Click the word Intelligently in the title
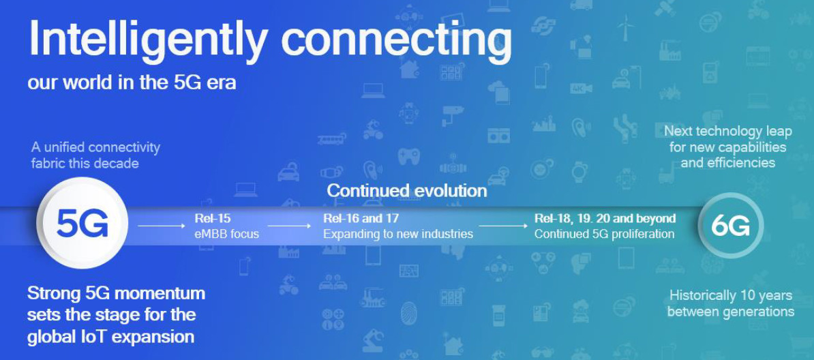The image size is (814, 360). (x=149, y=41)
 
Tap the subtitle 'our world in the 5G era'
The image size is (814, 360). (x=132, y=82)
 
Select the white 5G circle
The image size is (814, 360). (x=82, y=225)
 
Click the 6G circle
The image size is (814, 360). (x=731, y=226)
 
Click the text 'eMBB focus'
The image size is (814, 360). (x=226, y=234)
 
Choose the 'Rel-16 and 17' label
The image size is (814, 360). (x=361, y=218)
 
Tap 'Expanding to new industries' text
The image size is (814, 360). (x=398, y=235)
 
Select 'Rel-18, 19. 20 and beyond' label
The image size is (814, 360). (x=605, y=218)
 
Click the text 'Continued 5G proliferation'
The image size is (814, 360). (x=604, y=235)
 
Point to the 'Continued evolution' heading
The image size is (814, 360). (x=407, y=191)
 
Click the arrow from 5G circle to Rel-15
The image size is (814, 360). (x=162, y=226)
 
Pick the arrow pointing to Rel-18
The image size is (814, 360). (x=502, y=226)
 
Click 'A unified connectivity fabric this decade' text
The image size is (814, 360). (x=95, y=155)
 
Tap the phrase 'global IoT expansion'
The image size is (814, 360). (x=110, y=337)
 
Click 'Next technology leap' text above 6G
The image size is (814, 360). (x=728, y=132)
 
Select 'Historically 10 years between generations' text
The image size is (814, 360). (x=730, y=304)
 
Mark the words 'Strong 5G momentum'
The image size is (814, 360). (x=117, y=293)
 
